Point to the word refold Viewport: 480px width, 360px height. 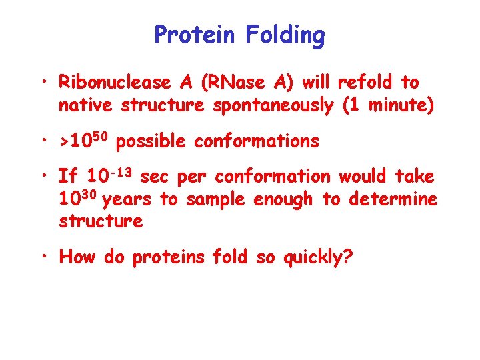[x=366, y=83]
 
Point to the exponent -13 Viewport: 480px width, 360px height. [x=121, y=173]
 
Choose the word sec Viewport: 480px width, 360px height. [x=155, y=177]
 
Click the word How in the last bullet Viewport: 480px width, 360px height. [x=77, y=257]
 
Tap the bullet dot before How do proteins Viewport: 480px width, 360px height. [x=45, y=257]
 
